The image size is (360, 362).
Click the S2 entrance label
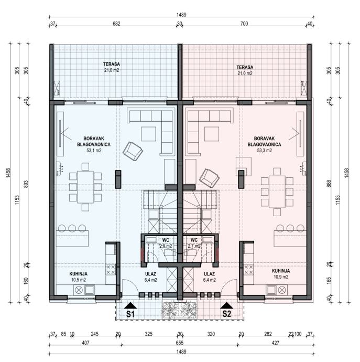(x=226, y=314)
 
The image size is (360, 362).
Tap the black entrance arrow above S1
(x=130, y=305)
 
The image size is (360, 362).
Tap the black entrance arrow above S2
(x=226, y=305)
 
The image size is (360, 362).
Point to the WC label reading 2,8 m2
(x=165, y=240)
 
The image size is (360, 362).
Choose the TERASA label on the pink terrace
(x=245, y=68)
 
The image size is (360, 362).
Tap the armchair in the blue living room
(x=132, y=152)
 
